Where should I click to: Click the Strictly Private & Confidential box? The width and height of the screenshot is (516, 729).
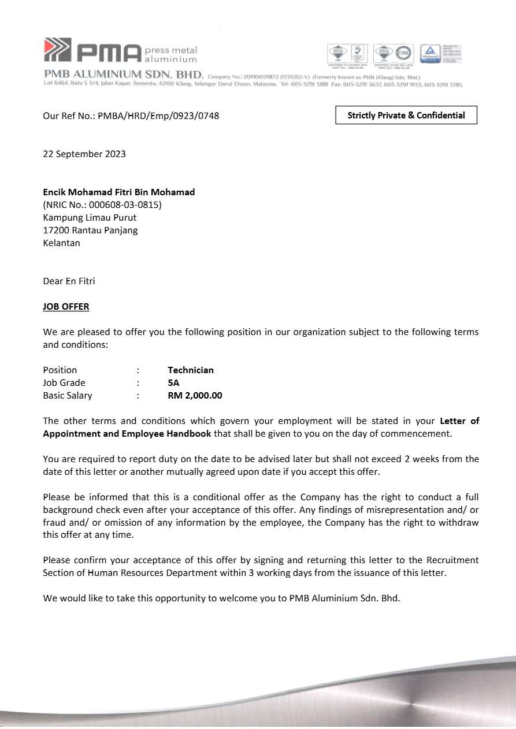click(406, 116)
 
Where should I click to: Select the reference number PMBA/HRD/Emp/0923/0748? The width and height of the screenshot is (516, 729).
click(158, 116)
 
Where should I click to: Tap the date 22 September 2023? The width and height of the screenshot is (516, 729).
click(84, 154)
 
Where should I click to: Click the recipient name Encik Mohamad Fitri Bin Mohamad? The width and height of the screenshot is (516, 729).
click(119, 192)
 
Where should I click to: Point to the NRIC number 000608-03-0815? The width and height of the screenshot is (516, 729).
click(125, 204)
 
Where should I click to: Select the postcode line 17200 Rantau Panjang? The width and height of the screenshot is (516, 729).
click(90, 230)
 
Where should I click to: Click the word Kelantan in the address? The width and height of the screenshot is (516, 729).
click(61, 243)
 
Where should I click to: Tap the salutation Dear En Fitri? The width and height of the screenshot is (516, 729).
click(69, 281)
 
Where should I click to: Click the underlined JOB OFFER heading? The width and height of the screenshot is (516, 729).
click(66, 307)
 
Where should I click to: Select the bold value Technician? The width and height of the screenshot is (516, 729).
click(191, 370)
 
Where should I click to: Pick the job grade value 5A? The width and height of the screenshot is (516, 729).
click(173, 383)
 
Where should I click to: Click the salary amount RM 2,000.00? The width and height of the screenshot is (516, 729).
click(195, 396)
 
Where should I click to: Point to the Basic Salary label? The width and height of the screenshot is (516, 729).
click(67, 396)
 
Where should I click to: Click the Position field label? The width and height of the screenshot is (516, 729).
click(60, 370)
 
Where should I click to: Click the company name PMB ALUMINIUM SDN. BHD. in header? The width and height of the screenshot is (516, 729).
click(124, 75)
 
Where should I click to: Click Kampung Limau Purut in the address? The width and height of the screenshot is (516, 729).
click(90, 217)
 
